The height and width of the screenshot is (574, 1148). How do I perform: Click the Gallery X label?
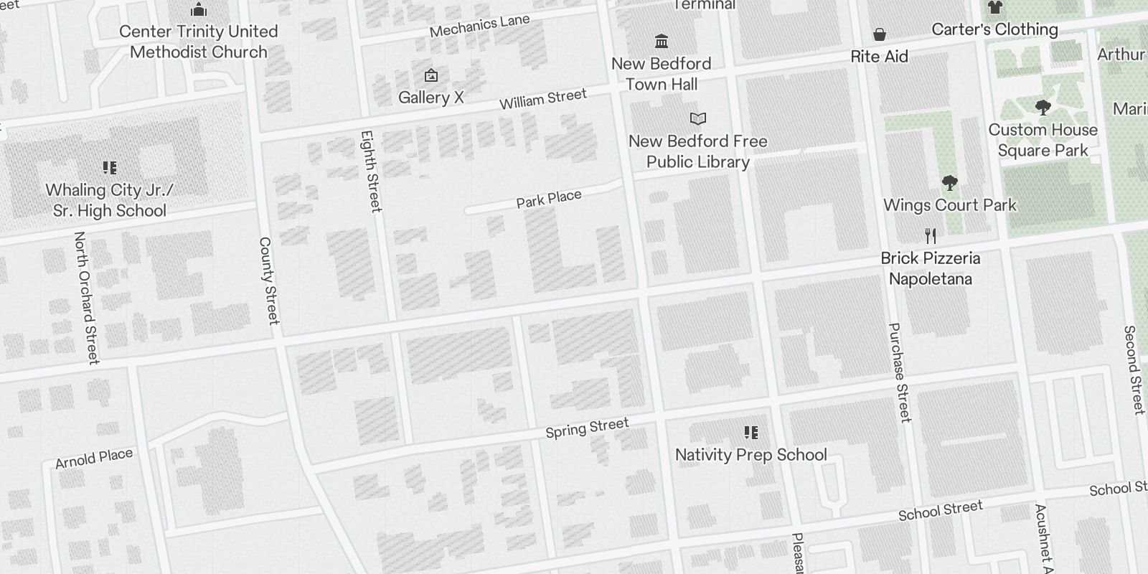431,98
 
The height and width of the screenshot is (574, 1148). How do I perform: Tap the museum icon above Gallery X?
431,75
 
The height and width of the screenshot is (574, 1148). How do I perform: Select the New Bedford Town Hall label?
662,74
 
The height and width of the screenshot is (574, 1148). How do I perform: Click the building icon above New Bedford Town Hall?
662,41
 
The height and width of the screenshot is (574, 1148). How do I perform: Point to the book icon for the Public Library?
698,118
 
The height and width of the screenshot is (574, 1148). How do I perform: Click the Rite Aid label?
879,57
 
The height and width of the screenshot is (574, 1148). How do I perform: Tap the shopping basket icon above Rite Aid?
879,34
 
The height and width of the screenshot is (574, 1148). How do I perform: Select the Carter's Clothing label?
994,29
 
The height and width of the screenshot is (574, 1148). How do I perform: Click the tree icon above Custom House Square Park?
1043,108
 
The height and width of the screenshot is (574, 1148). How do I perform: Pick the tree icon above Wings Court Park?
950,183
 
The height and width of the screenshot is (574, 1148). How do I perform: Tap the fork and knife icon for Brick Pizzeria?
931,235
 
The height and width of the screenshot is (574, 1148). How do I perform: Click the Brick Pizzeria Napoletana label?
931,268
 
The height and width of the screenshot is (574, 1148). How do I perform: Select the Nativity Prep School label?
751,455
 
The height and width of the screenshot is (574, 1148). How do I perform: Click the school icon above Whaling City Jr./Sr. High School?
110,168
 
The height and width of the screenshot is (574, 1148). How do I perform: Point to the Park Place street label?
549,199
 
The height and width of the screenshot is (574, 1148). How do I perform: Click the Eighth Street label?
370,171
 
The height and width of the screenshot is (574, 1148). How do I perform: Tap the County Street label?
268,281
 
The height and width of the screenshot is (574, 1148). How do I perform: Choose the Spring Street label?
587,428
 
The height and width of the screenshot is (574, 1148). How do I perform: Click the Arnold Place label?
94,458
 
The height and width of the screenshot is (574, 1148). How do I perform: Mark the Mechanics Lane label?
479,26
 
